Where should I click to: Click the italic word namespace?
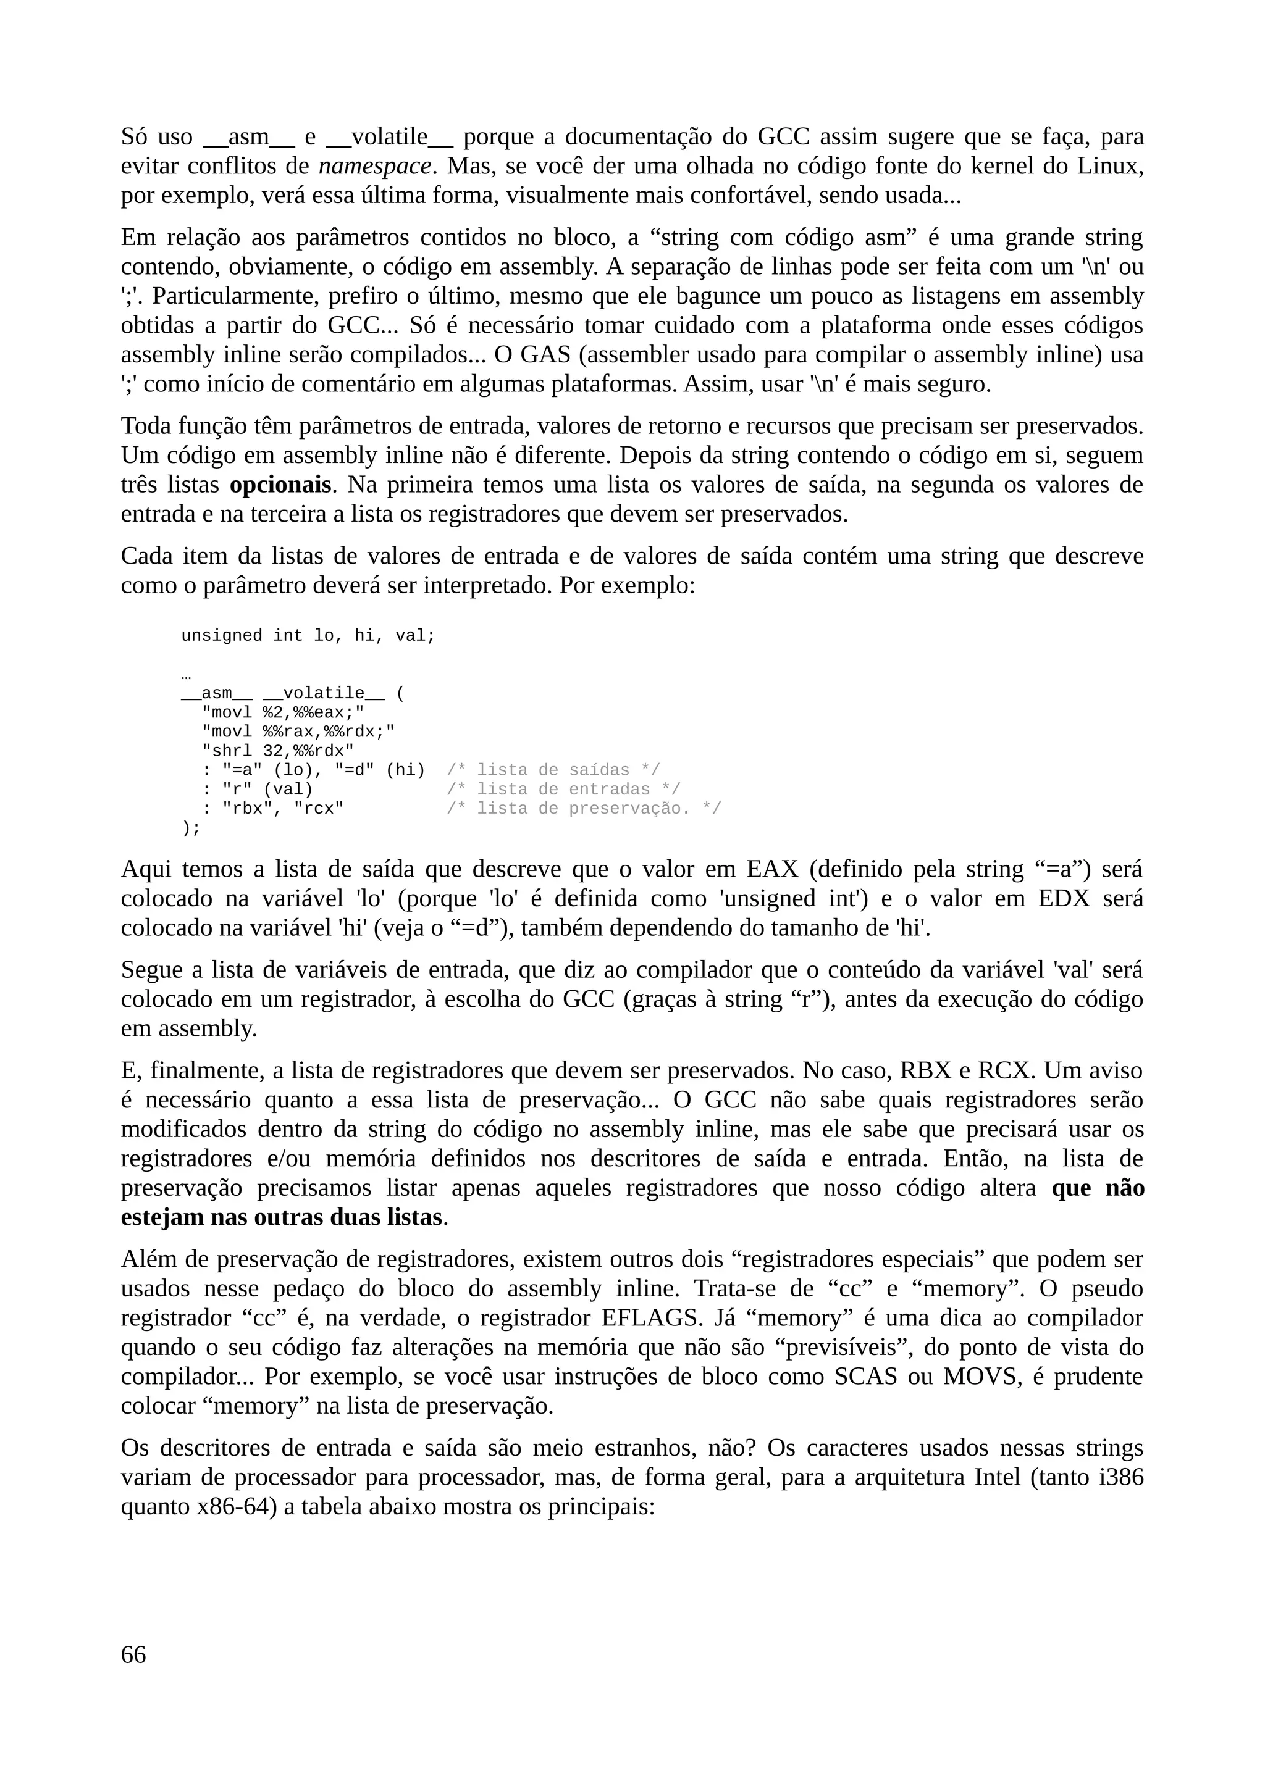click(x=375, y=166)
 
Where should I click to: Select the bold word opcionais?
click(x=280, y=485)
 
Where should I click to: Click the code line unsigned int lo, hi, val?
click(x=308, y=636)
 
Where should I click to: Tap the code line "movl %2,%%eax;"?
click(x=283, y=712)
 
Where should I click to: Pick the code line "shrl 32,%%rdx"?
click(x=277, y=750)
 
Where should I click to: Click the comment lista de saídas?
click(x=553, y=770)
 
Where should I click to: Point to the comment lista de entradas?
click(x=563, y=790)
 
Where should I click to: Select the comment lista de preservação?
click(x=584, y=808)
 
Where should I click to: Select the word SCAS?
click(x=865, y=1377)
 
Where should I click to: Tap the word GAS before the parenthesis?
click(x=545, y=354)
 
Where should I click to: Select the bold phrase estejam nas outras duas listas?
click(x=282, y=1217)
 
